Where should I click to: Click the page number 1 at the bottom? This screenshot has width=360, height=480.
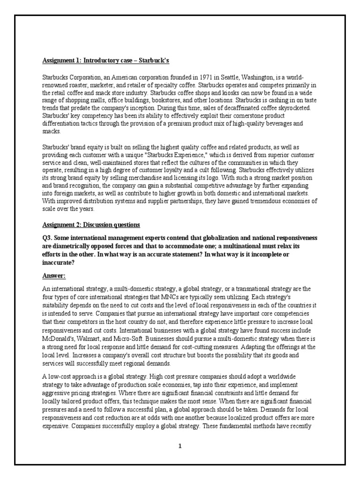pyautogui.click(x=180, y=446)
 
